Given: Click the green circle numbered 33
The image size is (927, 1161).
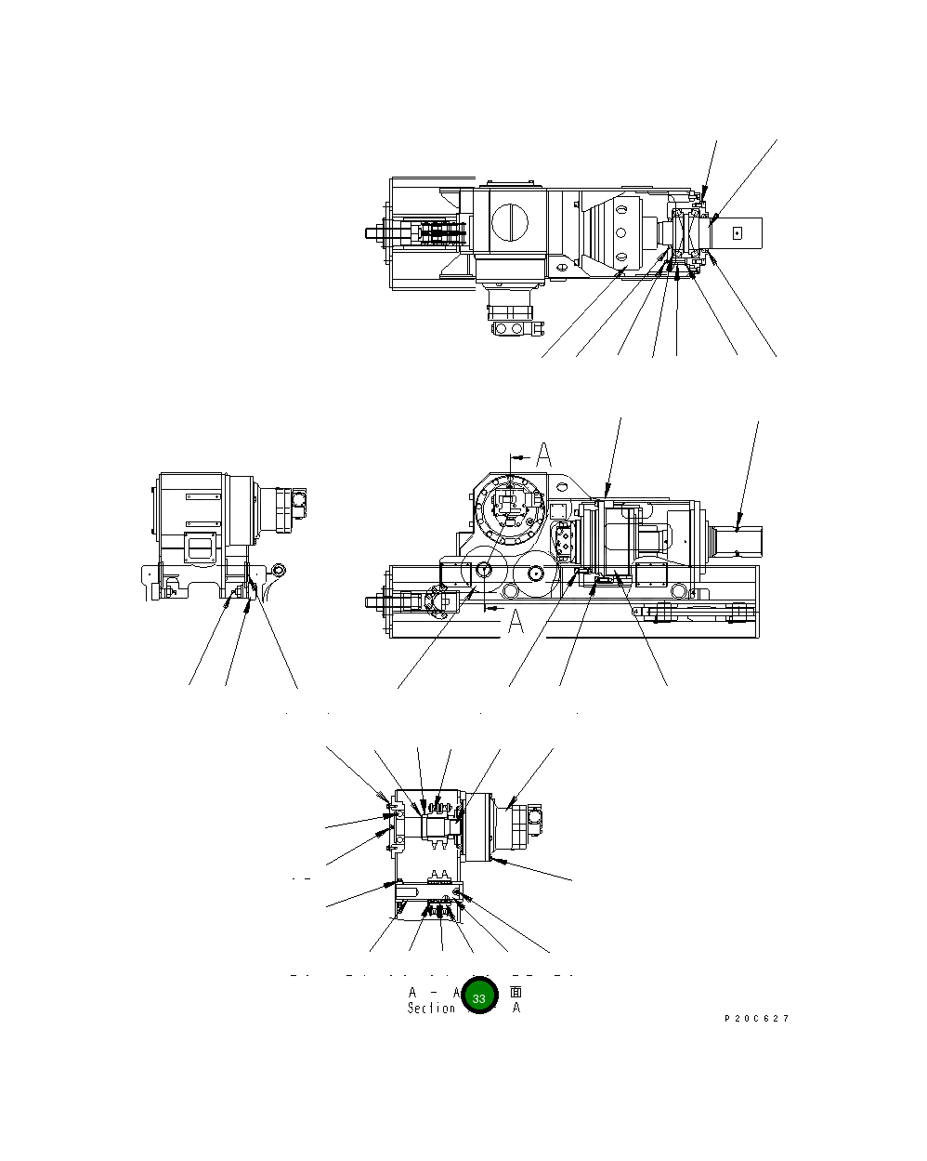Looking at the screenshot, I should coord(479,997).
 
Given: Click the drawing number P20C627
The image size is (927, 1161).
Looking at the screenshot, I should coord(756,1019).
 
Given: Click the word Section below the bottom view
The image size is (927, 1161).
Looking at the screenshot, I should coord(431,1009).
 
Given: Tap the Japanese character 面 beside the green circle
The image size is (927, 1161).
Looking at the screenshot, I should coord(516,992).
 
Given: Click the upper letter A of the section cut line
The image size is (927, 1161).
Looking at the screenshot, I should coord(544,455).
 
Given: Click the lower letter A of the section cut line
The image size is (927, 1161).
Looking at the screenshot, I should coord(516,623).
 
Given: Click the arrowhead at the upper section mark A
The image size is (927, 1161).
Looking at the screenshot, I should coord(525,457).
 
